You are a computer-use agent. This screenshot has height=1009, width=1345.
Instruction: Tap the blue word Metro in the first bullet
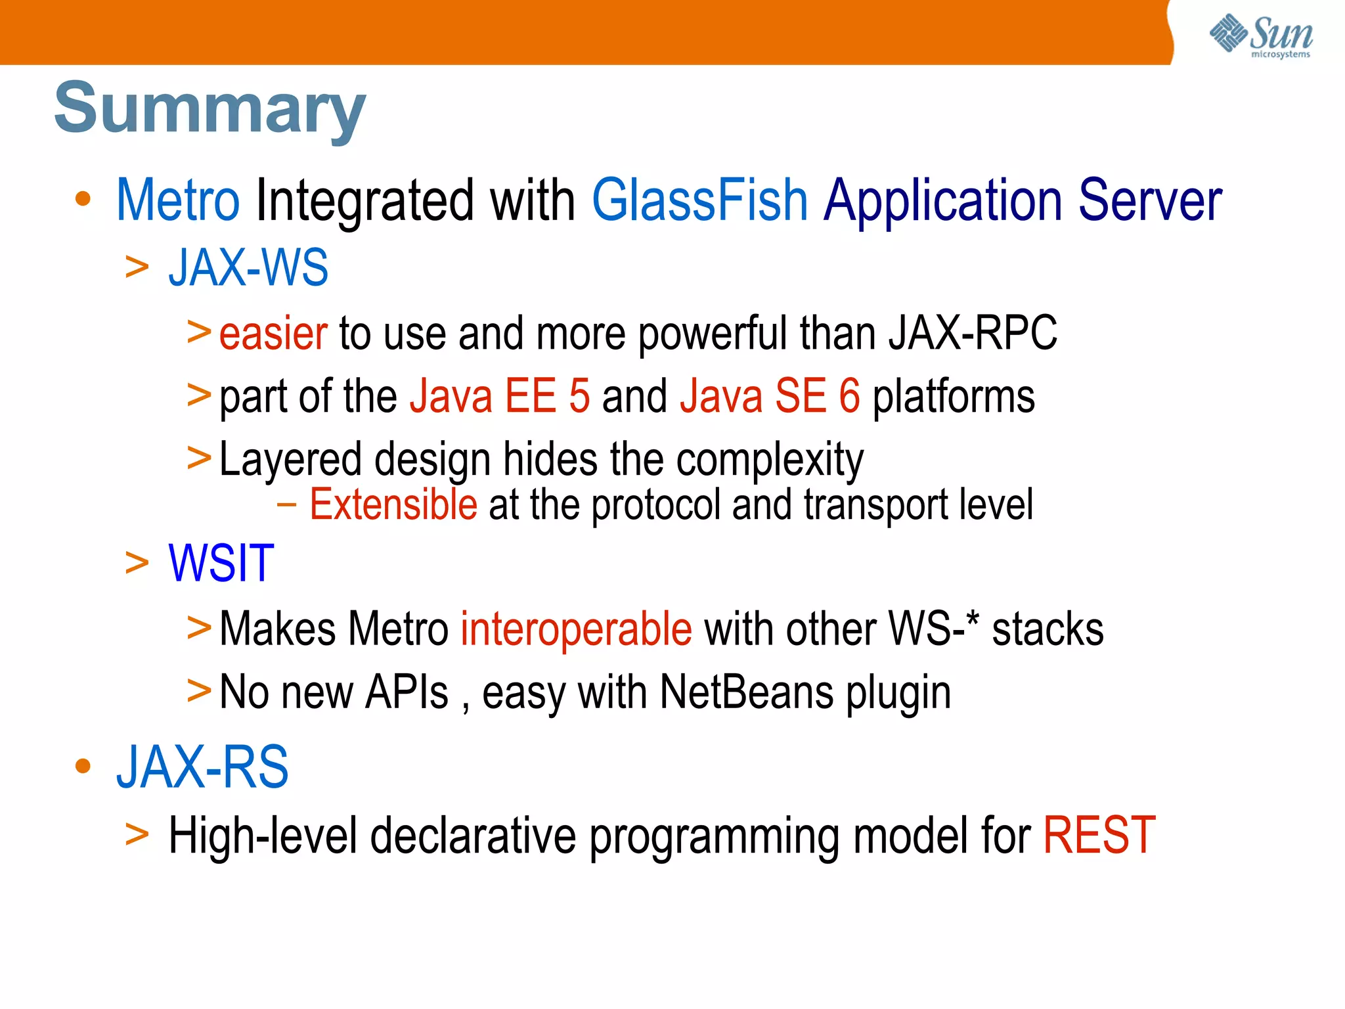click(178, 200)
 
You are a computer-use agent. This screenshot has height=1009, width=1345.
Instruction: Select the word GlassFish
click(699, 200)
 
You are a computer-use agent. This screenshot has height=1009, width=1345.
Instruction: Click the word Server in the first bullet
click(1150, 200)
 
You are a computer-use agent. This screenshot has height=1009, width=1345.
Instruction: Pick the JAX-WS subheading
click(248, 268)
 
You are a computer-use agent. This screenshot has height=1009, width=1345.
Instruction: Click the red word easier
click(273, 334)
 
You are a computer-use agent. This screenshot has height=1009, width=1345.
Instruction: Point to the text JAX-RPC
click(973, 334)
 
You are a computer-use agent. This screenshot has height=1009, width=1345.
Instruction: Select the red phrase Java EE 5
click(500, 396)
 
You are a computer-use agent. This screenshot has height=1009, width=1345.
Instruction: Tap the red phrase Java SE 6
click(770, 396)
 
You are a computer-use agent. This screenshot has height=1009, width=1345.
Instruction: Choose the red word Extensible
click(393, 505)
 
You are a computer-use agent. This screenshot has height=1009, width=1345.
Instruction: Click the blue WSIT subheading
click(221, 564)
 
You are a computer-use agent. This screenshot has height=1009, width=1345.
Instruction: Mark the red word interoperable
click(576, 629)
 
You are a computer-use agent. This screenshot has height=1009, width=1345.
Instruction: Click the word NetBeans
click(746, 692)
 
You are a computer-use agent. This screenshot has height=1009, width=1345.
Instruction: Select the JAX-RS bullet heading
click(202, 767)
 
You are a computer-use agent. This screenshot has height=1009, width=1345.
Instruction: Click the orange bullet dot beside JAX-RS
click(83, 766)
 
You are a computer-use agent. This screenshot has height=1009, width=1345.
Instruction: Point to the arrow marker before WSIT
click(137, 564)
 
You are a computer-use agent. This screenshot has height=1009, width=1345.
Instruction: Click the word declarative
click(473, 836)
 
